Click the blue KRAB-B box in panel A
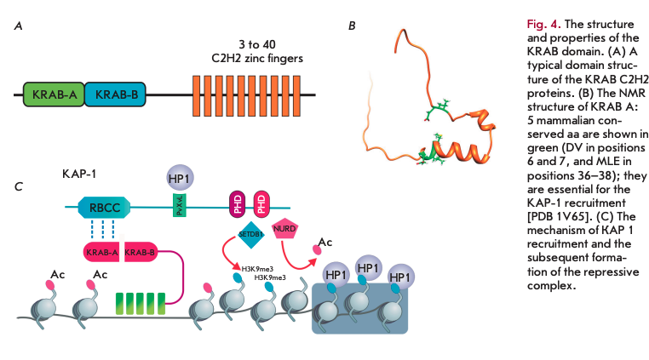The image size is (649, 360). pyautogui.click(x=116, y=94)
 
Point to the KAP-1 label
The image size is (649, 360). pyautogui.click(x=80, y=174)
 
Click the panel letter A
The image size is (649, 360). pyautogui.click(x=19, y=26)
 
